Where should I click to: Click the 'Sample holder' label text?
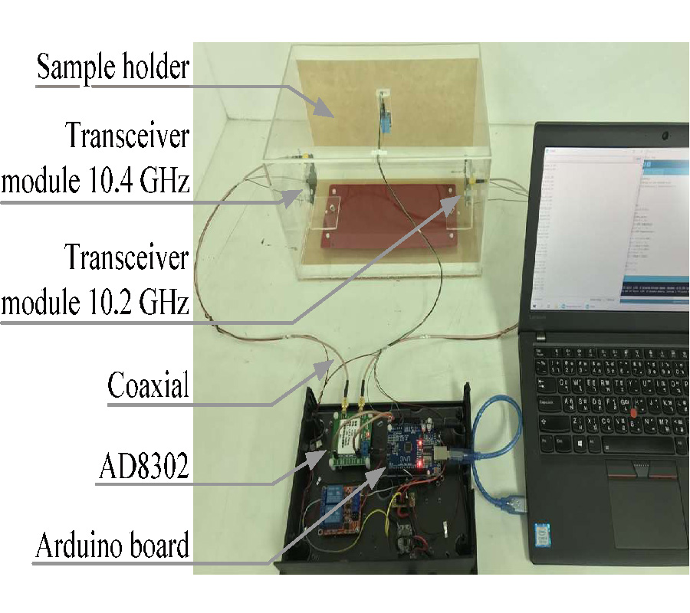point(113,67)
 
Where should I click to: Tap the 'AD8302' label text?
point(143,467)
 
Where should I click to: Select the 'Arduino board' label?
point(112,546)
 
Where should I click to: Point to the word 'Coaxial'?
point(148,385)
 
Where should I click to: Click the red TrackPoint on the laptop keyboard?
point(632,414)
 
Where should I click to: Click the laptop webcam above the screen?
point(663,137)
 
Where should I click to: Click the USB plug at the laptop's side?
point(519,503)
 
